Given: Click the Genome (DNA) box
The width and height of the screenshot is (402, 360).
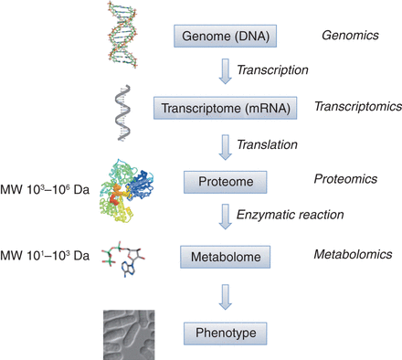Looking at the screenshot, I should point(225,37).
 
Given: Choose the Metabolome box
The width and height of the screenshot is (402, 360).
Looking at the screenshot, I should point(225,255).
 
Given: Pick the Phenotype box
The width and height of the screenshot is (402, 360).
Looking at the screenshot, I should point(225,330).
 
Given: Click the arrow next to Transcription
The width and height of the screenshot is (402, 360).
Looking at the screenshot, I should point(224,70).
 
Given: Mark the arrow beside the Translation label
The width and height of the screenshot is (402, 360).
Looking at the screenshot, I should point(224,143).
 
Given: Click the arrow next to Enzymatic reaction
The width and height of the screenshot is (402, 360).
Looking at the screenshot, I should point(224,217).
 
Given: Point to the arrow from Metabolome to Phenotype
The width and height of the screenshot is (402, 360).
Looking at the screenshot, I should point(224,292).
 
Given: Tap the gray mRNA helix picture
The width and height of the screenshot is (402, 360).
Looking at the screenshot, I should point(125,111).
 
